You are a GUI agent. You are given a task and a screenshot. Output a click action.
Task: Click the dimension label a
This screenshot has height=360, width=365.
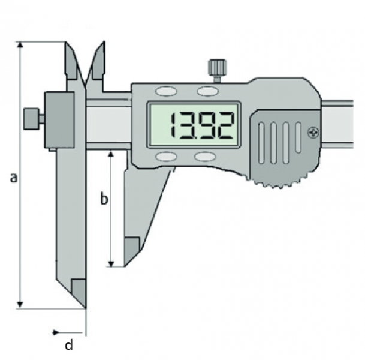14,178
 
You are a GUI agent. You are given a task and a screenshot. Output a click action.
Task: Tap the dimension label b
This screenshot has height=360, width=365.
104,198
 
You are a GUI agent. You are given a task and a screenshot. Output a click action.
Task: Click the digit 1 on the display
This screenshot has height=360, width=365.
173,125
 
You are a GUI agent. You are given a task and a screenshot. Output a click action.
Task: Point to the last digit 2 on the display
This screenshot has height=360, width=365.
225,125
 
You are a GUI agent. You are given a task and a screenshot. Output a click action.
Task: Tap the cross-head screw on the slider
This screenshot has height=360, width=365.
313,133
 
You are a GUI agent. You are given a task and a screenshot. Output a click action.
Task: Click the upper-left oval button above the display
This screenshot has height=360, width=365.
166,91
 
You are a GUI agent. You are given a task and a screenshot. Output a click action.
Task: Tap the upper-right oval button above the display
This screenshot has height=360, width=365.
207,91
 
